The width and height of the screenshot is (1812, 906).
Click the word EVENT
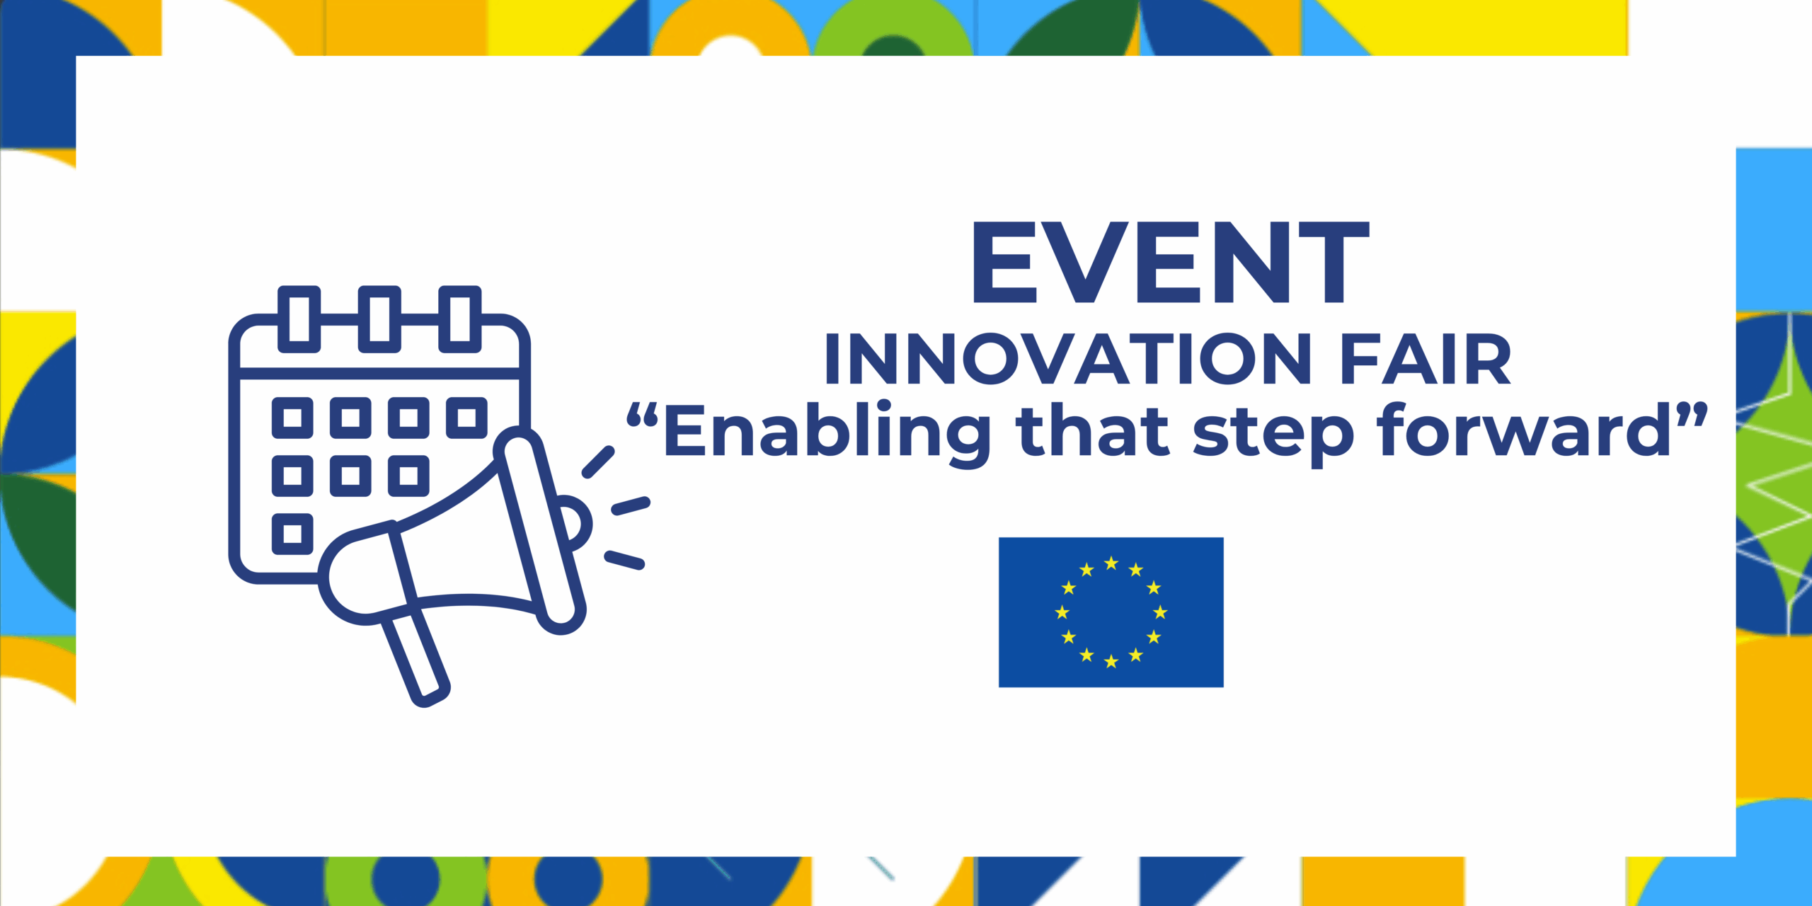point(1171,262)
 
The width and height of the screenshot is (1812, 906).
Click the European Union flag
point(1111,612)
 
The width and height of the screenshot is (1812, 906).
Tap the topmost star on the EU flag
point(1111,563)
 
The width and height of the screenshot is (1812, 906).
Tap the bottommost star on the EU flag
point(1111,661)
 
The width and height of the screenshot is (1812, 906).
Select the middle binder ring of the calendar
point(379,319)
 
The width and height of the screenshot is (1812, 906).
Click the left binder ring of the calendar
point(299,319)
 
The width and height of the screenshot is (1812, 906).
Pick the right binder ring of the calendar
point(460,319)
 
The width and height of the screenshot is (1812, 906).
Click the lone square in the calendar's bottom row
point(292,533)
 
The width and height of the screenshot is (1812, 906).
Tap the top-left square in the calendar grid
point(292,418)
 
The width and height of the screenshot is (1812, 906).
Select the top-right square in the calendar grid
point(466,418)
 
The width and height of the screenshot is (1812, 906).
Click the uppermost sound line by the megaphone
point(598,462)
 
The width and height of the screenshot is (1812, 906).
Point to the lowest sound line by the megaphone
point(624,560)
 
